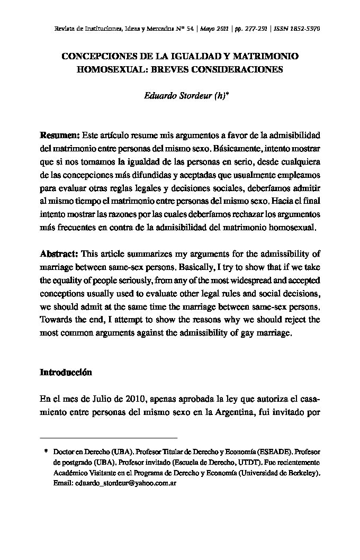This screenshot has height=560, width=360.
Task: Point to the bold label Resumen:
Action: [60, 136]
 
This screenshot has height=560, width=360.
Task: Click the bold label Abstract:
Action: [59, 255]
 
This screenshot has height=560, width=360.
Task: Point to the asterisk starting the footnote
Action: [47, 453]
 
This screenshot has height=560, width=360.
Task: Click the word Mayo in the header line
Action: [208, 29]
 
